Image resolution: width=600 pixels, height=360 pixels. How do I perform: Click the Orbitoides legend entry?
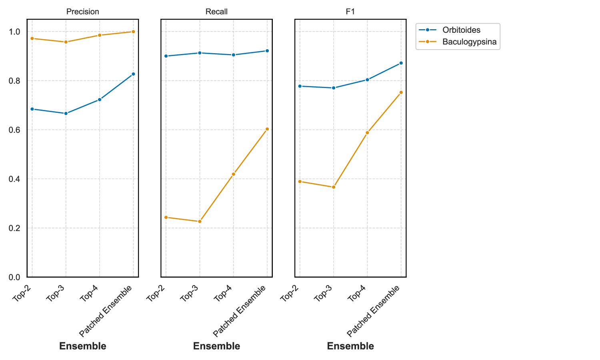pyautogui.click(x=461, y=30)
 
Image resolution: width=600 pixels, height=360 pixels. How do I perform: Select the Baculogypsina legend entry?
pyautogui.click(x=469, y=42)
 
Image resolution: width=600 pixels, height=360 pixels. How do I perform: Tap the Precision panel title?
pyautogui.click(x=82, y=12)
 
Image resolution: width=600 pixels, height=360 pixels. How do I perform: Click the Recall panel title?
pyautogui.click(x=216, y=12)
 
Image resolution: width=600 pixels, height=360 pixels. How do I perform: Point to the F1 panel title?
pyautogui.click(x=350, y=12)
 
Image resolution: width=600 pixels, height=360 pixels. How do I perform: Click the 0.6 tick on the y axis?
pyautogui.click(x=15, y=130)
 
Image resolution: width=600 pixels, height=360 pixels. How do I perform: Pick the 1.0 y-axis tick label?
pyautogui.click(x=15, y=32)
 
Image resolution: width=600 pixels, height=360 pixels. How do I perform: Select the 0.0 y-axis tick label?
pyautogui.click(x=15, y=277)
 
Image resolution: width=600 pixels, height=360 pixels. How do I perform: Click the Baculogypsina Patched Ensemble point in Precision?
pyautogui.click(x=133, y=32)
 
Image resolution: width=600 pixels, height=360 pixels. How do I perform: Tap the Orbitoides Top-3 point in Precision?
pyautogui.click(x=66, y=114)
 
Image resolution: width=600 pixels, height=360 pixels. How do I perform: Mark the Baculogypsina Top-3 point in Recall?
pyautogui.click(x=200, y=222)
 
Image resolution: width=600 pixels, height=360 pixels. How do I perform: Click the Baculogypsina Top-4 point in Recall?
pyautogui.click(x=234, y=174)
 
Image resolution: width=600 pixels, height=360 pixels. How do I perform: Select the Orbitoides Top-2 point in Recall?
pyautogui.click(x=166, y=56)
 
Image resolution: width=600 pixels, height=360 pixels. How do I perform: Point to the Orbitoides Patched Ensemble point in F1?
pyautogui.click(x=401, y=63)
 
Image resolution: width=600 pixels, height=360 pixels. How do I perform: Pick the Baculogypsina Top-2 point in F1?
pyautogui.click(x=300, y=182)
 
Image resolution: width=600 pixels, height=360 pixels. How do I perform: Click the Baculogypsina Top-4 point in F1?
pyautogui.click(x=367, y=133)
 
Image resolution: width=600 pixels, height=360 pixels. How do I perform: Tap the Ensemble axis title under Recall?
pyautogui.click(x=216, y=346)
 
